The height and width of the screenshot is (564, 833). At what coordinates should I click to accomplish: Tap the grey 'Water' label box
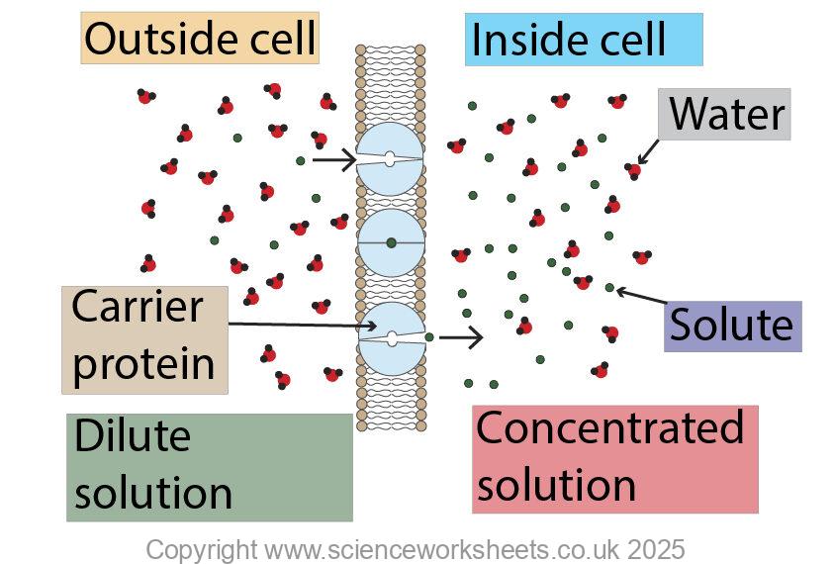point(724,114)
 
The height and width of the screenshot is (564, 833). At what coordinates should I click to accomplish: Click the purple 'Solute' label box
point(731,326)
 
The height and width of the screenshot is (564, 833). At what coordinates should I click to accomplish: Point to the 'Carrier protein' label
point(143,338)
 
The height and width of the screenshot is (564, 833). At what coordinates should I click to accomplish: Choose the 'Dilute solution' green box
point(208,467)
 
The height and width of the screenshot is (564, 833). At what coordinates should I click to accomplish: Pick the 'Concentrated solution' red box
point(613,458)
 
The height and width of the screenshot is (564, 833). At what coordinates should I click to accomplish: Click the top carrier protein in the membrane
point(390,158)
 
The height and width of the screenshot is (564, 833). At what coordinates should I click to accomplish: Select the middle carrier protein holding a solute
point(391,242)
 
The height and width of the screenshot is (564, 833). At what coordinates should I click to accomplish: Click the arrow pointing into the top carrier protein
point(333,158)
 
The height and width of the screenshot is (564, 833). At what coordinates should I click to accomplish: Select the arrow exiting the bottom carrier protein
point(461,337)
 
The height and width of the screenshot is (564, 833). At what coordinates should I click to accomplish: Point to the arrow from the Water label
point(649,150)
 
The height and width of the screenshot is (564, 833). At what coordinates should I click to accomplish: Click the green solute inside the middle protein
point(392,242)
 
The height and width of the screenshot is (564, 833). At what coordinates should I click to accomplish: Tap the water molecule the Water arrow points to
point(632,170)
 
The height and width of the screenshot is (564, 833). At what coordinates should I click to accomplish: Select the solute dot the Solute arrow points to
point(609,288)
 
